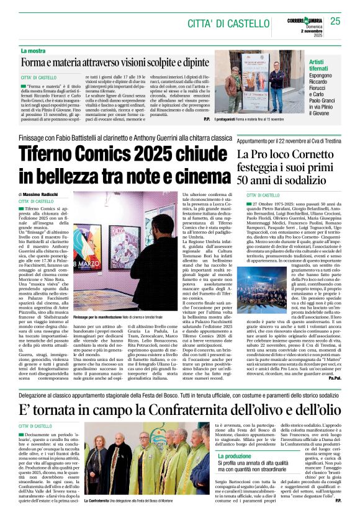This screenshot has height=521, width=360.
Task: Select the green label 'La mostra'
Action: coord(34,50)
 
